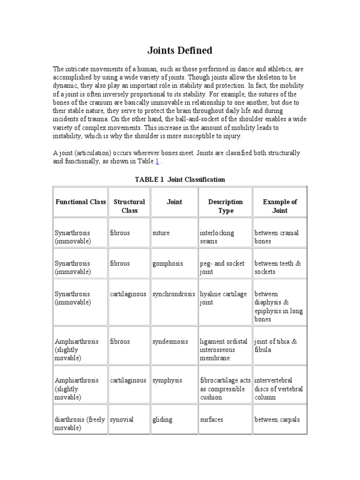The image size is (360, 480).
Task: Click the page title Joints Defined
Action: tap(180, 50)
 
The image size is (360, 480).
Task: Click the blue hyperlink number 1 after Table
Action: tap(157, 161)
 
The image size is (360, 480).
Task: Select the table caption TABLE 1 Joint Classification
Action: tap(180, 180)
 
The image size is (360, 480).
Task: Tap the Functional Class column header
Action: tap(81, 202)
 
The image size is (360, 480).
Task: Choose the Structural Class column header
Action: tap(129, 206)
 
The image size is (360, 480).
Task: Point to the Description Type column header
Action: tap(225, 206)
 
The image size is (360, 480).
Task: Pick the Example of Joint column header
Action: tap(280, 206)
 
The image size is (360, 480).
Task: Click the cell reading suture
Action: tap(161, 233)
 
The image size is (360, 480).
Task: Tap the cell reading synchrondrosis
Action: tap(173, 294)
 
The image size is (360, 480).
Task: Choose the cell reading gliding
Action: tap(162, 420)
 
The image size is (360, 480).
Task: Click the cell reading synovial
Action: tap(122, 420)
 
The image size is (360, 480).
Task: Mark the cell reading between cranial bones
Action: tap(276, 237)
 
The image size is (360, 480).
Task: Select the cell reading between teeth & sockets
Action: tap(277, 268)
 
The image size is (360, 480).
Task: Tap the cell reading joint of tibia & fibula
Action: tap(276, 345)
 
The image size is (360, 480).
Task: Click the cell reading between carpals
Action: tap(277, 420)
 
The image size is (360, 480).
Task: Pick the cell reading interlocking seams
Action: tap(217, 237)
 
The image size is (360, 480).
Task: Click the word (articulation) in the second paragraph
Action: tap(88, 153)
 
